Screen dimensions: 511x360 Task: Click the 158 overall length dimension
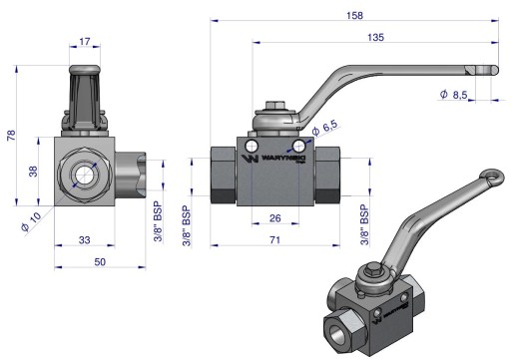[x=354, y=15]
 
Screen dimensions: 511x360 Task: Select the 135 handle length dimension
[x=375, y=37]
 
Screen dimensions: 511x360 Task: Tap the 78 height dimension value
[x=11, y=136]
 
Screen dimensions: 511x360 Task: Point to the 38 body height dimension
[x=33, y=172]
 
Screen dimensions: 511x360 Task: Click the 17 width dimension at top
[x=85, y=42]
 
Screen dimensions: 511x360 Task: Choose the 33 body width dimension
[x=85, y=239]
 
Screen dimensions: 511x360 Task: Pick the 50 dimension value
[x=100, y=262]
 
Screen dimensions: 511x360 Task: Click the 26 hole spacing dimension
[x=275, y=218]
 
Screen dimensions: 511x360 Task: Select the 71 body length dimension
[x=274, y=239]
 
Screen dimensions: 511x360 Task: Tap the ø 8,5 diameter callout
[x=453, y=95]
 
